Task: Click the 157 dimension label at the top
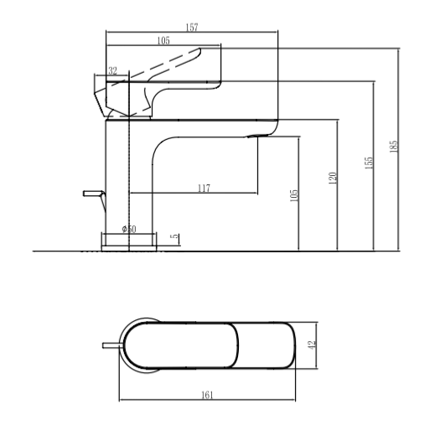click(x=192, y=28)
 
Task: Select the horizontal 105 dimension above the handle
click(x=163, y=40)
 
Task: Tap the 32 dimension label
click(x=112, y=71)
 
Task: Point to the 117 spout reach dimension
click(x=204, y=189)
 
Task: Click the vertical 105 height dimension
click(x=294, y=195)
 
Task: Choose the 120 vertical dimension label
click(x=333, y=178)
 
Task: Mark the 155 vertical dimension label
click(x=369, y=163)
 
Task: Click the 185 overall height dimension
click(x=393, y=147)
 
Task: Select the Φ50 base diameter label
click(x=129, y=229)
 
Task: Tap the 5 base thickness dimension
click(x=174, y=236)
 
